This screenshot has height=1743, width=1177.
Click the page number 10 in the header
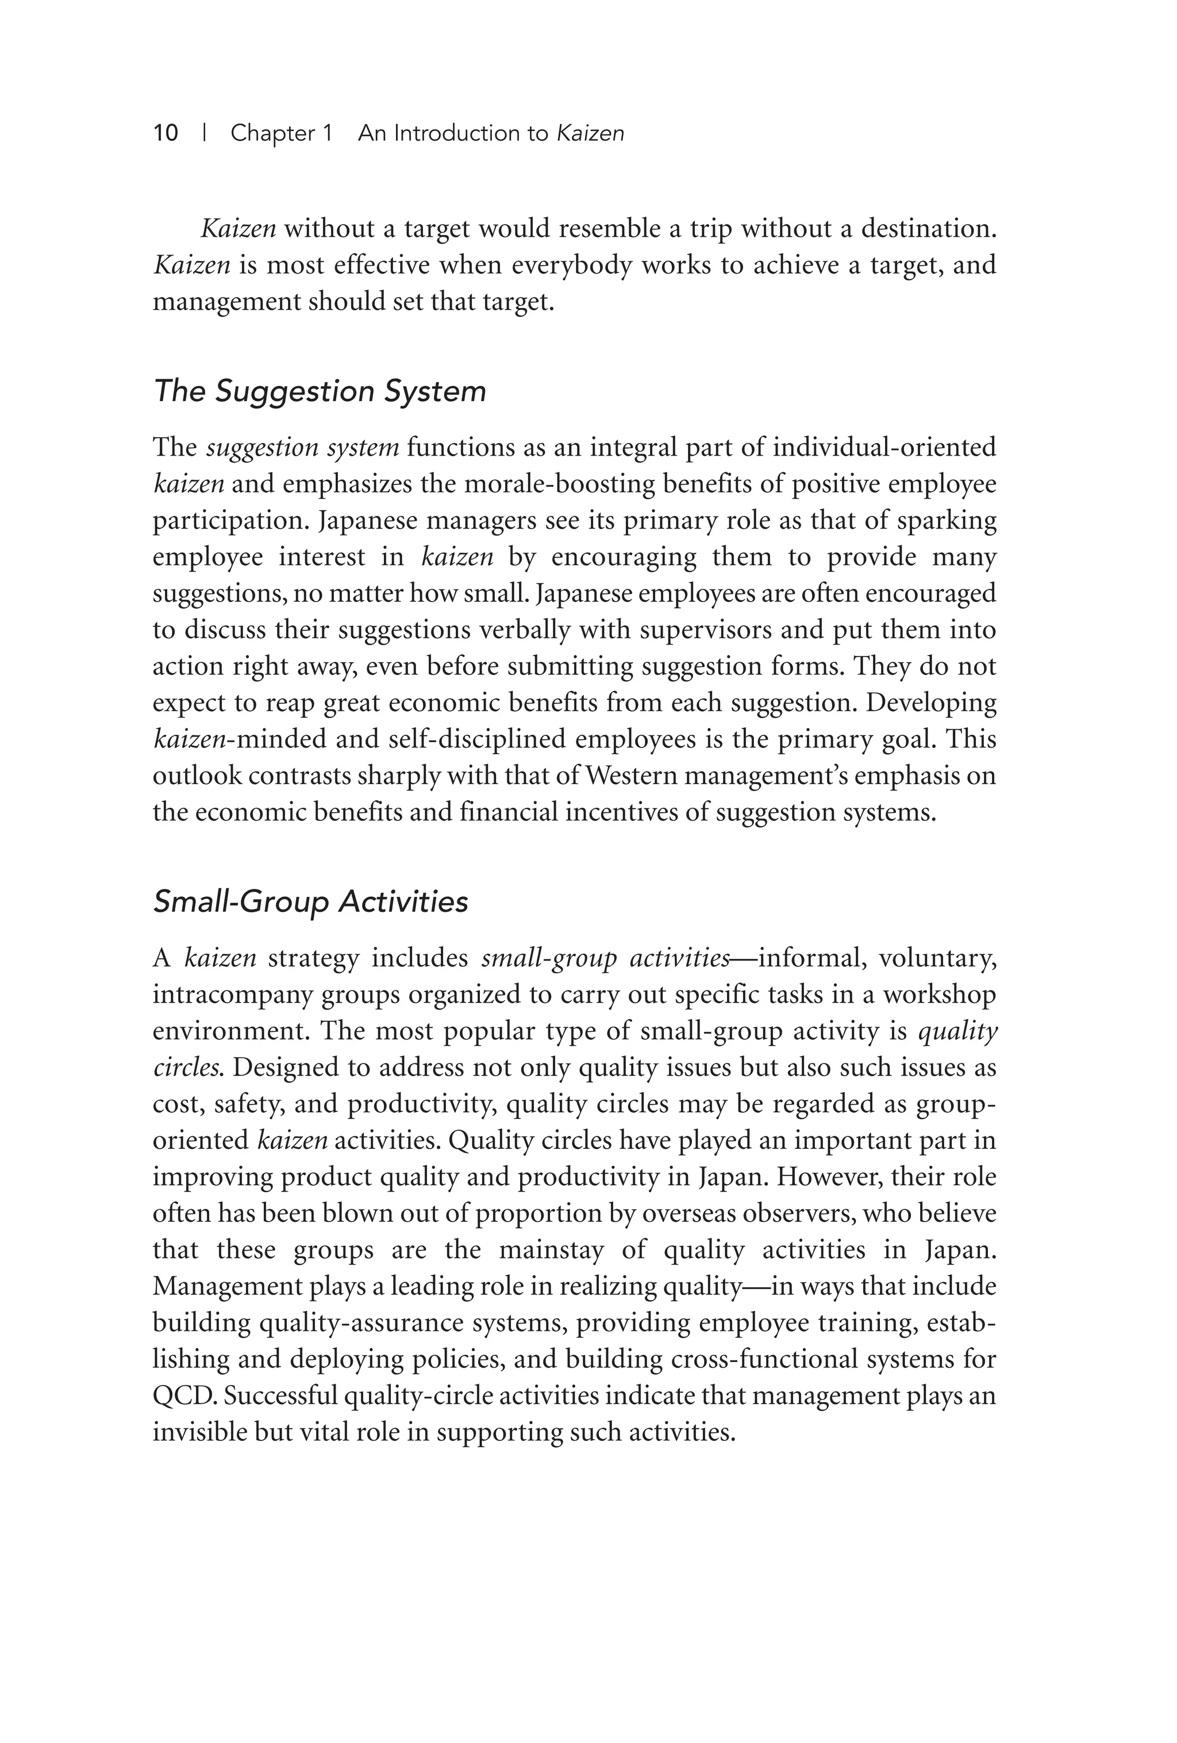coord(166,133)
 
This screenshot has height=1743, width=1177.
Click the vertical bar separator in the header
coord(204,133)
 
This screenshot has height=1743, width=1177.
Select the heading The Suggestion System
coord(320,391)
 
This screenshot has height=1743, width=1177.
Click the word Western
coord(632,776)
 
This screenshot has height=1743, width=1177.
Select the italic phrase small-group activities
coord(605,958)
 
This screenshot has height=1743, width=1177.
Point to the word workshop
coord(939,995)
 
